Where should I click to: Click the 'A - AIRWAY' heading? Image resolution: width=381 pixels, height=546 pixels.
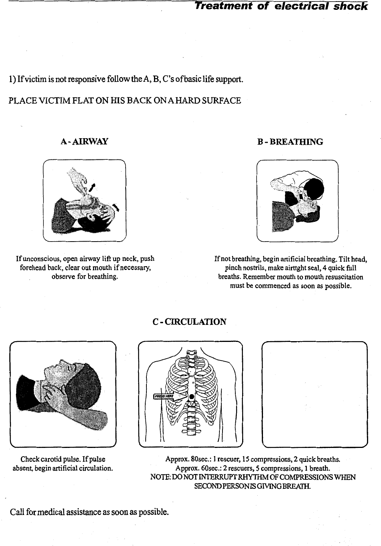click(84, 142)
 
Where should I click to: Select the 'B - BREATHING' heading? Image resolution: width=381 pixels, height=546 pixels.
click(290, 142)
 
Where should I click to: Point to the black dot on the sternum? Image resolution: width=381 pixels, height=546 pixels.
click(191, 396)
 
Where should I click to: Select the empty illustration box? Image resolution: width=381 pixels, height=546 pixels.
click(314, 394)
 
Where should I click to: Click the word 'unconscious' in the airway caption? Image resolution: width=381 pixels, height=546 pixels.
click(42, 259)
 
